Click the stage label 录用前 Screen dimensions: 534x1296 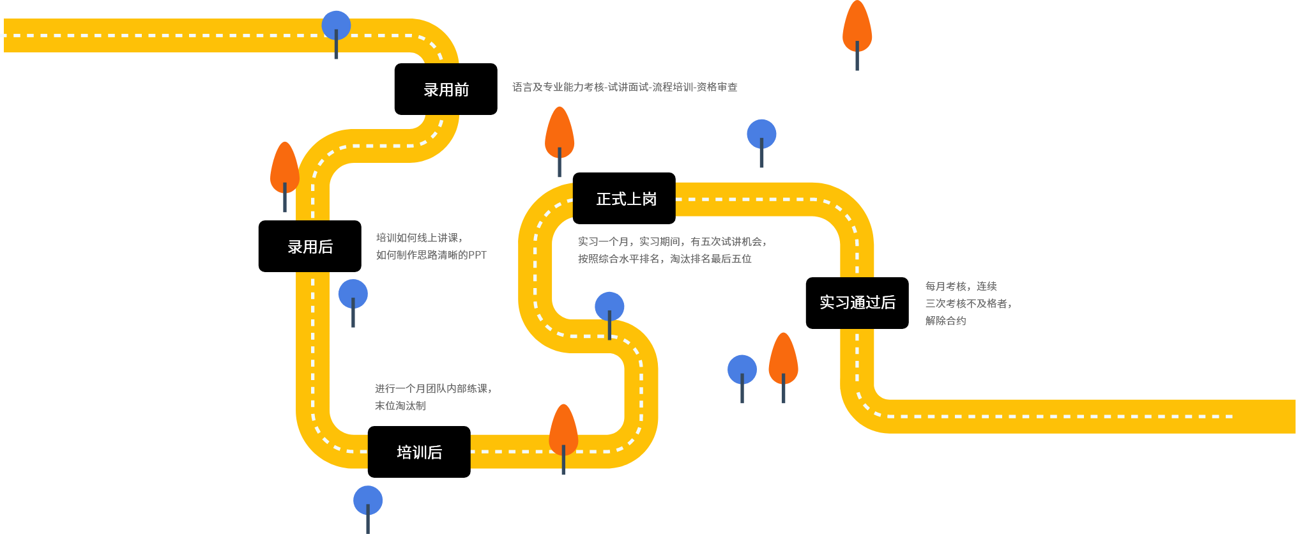coord(446,90)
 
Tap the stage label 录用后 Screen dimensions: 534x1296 coord(310,247)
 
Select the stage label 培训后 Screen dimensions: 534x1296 coord(419,453)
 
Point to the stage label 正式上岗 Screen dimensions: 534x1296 coord(626,199)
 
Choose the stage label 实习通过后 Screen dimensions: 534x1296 coord(857,303)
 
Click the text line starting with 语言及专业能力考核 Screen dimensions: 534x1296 coord(625,87)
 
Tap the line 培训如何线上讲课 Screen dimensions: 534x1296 coord(419,238)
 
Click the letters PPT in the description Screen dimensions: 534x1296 coord(477,255)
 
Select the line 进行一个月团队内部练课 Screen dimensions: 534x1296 coord(433,388)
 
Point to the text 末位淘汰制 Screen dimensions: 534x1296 coord(400,406)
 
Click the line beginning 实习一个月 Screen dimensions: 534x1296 coord(672,241)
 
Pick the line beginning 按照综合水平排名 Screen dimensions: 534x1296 coord(664,259)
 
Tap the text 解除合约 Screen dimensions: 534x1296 coord(945,321)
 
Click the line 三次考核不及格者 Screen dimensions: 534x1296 coord(968,303)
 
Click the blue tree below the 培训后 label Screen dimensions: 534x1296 coord(368,501)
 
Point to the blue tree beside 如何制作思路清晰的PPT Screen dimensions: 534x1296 coord(353,294)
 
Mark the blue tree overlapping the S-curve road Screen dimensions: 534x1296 coord(609,307)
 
